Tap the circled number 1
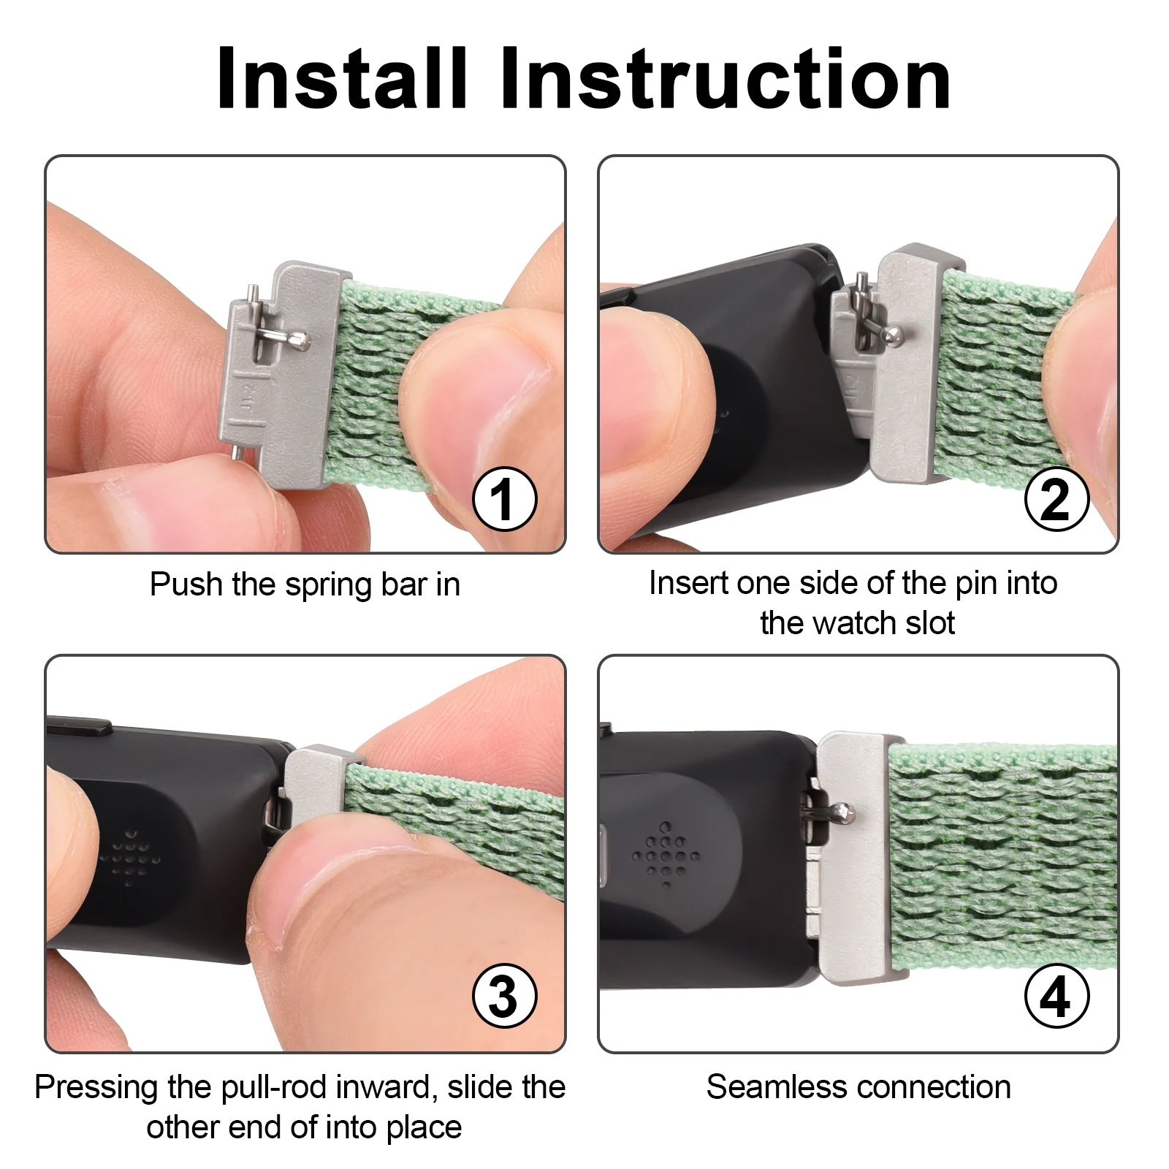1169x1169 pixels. pyautogui.click(x=504, y=500)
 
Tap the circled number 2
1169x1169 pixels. pyautogui.click(x=1056, y=500)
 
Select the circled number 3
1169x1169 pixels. pyautogui.click(x=504, y=997)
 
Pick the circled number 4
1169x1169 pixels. pyautogui.click(x=1056, y=997)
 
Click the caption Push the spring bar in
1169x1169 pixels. pyautogui.click(x=305, y=584)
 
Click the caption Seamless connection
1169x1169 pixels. pyautogui.click(x=858, y=1087)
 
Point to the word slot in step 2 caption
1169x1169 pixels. pyautogui.click(x=929, y=623)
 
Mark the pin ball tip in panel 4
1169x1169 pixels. pyautogui.click(x=848, y=812)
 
